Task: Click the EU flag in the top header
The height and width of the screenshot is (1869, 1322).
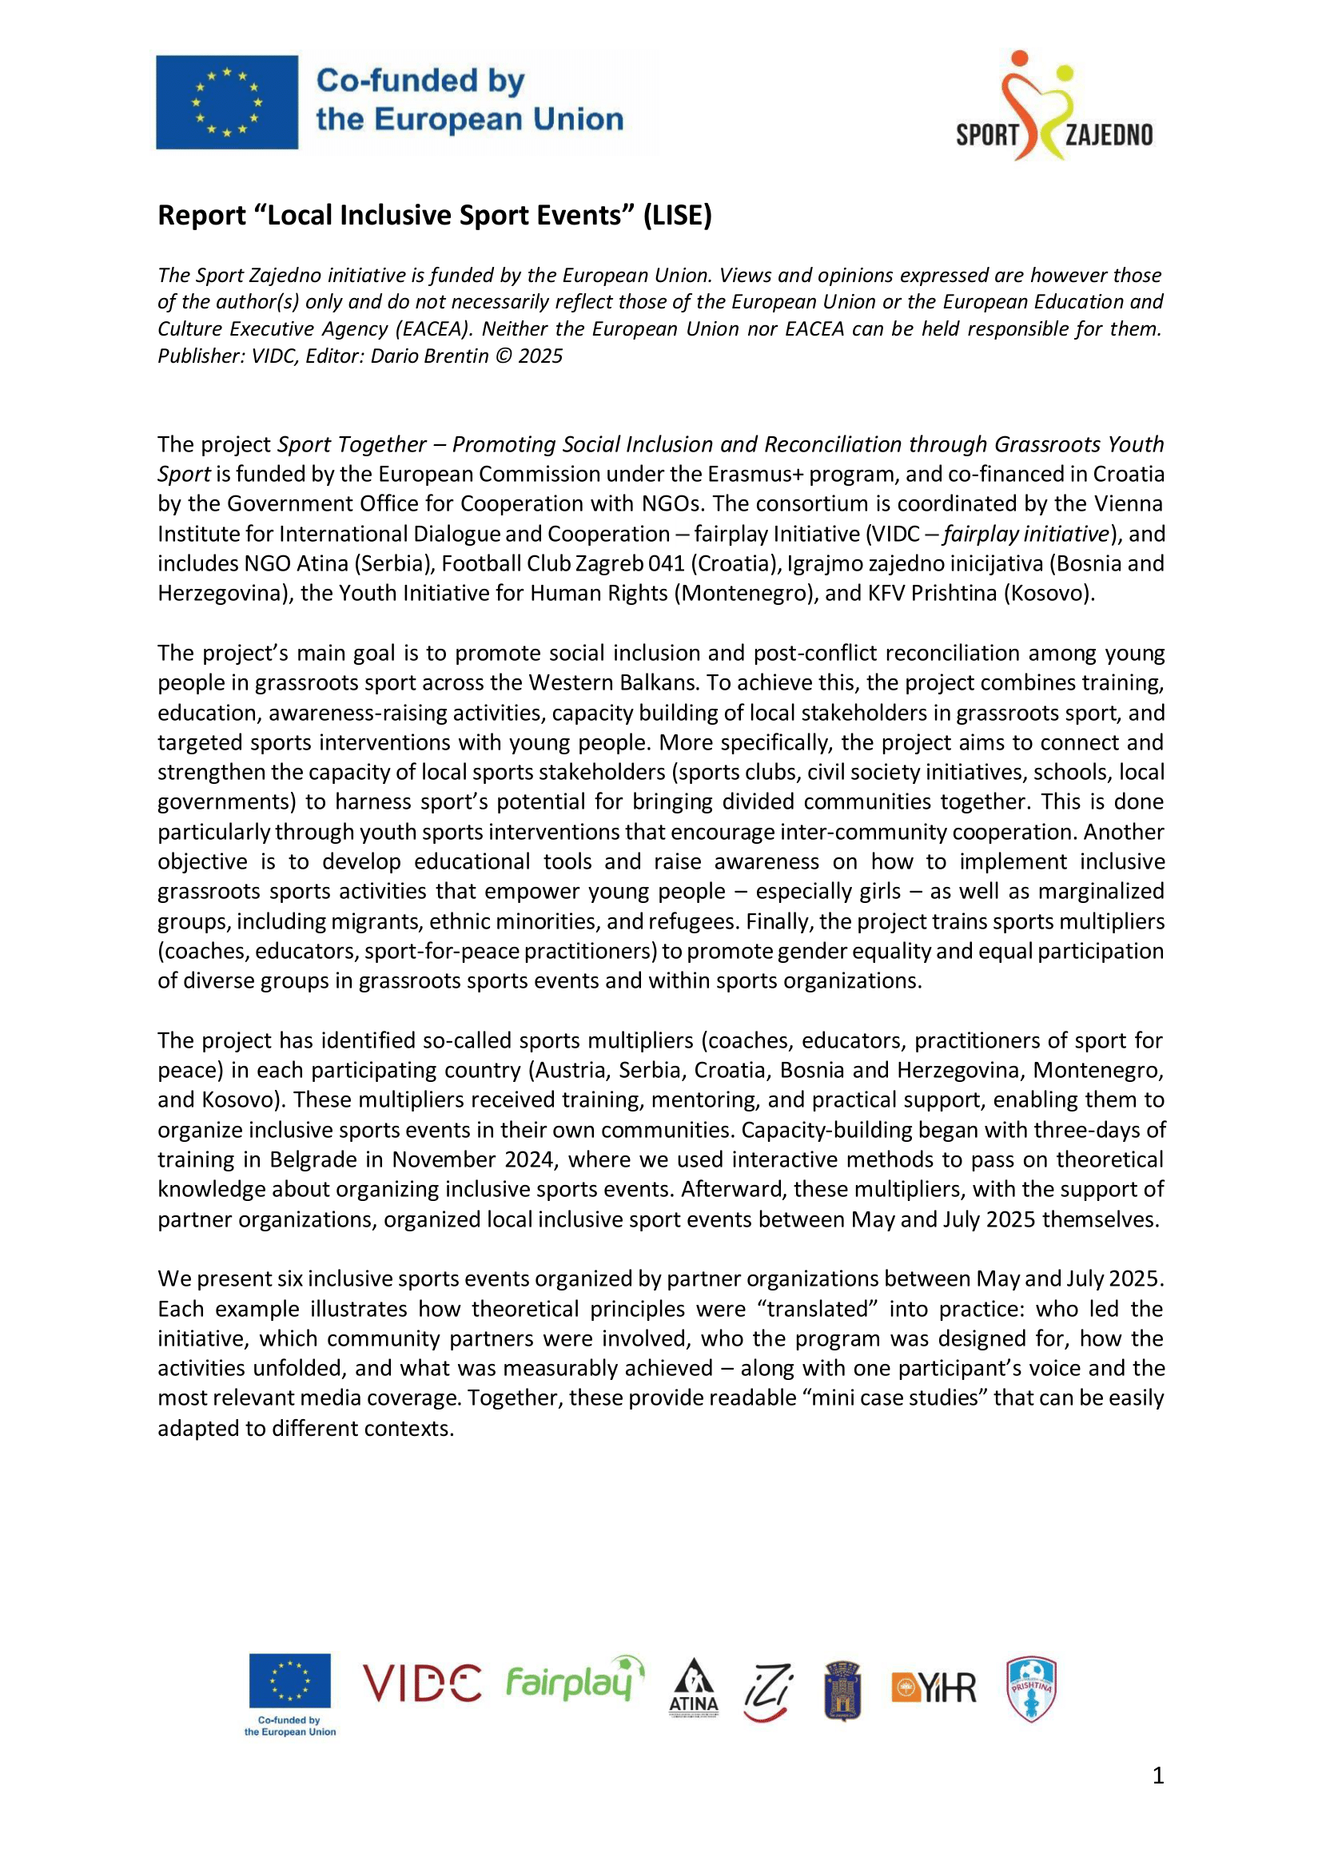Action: (x=227, y=102)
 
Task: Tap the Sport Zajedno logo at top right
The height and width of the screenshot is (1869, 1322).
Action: (x=1054, y=105)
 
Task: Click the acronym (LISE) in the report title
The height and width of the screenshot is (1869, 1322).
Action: (x=677, y=216)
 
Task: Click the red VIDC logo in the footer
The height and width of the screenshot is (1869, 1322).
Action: (x=422, y=1684)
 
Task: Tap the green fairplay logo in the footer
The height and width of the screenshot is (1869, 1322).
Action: (x=574, y=1680)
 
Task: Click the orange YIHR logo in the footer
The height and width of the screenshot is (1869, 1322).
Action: (x=933, y=1688)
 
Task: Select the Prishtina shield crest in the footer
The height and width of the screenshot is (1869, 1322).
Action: (x=1030, y=1689)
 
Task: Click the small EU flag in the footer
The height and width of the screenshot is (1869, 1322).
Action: (x=290, y=1680)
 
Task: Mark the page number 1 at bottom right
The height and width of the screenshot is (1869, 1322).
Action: (x=1157, y=1776)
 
